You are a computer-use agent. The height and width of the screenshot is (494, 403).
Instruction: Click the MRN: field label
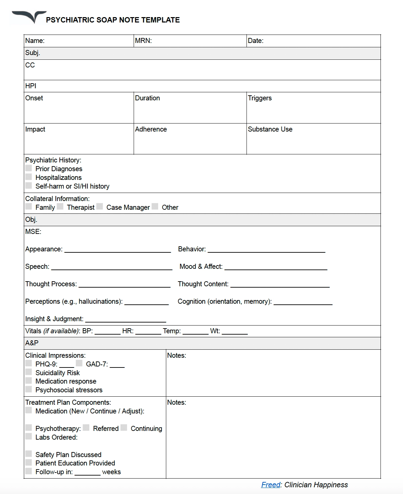click(x=143, y=41)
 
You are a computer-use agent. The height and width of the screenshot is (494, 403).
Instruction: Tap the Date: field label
click(x=256, y=41)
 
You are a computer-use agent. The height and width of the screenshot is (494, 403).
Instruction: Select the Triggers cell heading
click(x=260, y=98)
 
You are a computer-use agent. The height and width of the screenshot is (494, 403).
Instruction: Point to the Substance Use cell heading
click(x=270, y=129)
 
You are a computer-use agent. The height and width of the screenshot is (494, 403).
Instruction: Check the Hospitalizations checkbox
click(x=29, y=177)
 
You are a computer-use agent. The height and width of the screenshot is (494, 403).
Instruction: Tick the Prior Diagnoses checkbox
click(x=29, y=168)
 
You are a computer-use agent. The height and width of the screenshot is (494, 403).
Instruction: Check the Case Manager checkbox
click(x=100, y=207)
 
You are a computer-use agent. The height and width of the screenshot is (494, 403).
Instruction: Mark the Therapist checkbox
click(x=60, y=207)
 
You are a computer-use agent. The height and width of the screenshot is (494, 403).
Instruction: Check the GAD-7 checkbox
click(x=79, y=363)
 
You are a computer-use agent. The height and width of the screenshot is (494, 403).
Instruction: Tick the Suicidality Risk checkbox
click(x=29, y=372)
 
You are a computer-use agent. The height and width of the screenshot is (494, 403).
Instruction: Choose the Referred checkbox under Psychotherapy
click(x=86, y=428)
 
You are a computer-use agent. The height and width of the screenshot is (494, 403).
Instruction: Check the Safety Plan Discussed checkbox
click(x=29, y=454)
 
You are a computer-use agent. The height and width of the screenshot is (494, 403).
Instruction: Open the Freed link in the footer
click(x=271, y=485)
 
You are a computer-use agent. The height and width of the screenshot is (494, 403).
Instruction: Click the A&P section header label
click(x=32, y=343)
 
